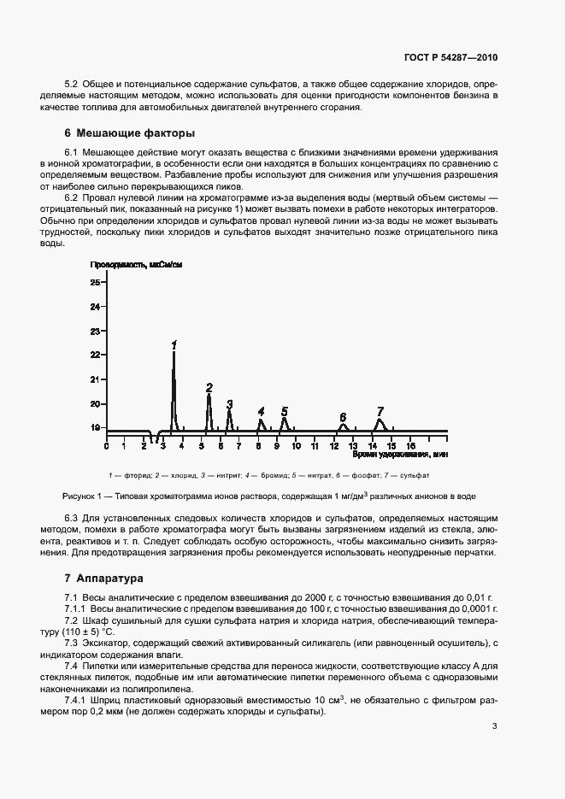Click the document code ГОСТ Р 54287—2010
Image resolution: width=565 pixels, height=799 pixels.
click(x=450, y=57)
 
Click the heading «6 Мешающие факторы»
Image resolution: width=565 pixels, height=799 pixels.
click(x=130, y=133)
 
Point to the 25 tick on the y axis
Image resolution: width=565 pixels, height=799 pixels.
click(x=95, y=282)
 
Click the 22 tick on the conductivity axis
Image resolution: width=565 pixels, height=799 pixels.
click(x=95, y=355)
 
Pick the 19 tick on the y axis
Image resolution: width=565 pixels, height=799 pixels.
click(x=95, y=427)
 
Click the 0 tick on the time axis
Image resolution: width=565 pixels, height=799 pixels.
click(x=106, y=445)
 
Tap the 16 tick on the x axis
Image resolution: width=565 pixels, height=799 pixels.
click(x=410, y=445)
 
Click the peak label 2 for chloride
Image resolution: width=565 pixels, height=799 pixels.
click(x=209, y=388)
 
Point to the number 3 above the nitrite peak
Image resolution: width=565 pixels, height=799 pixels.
click(x=229, y=404)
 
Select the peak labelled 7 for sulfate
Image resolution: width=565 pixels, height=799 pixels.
click(x=380, y=411)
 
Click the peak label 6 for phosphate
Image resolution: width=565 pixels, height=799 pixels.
click(x=343, y=415)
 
